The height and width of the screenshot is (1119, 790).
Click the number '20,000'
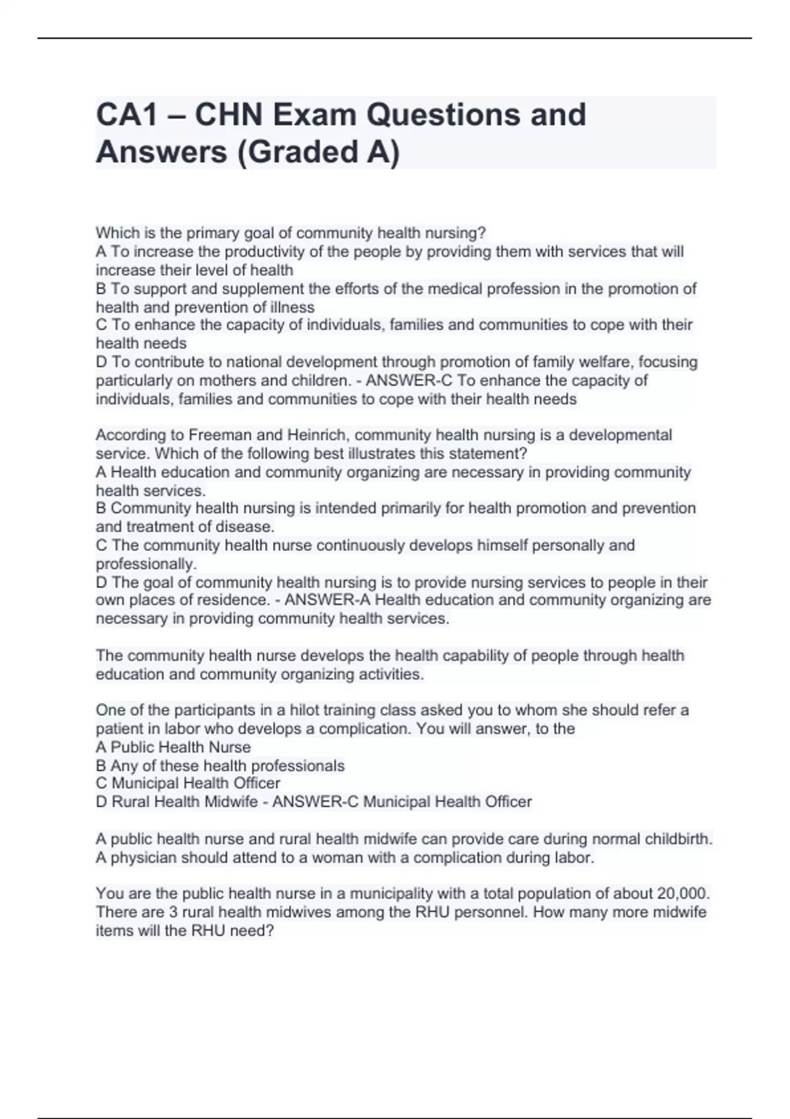683,894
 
